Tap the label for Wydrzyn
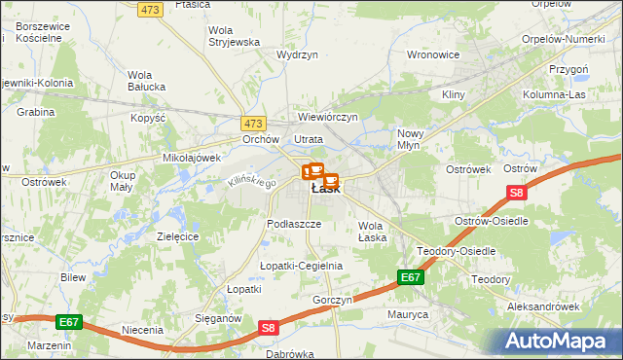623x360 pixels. [x=298, y=56]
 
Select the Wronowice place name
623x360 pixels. [x=432, y=54]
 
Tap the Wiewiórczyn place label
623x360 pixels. [x=328, y=117]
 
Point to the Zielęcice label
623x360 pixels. [x=177, y=236]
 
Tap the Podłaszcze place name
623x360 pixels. [x=294, y=223]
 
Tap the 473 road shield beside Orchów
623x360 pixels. [x=253, y=124]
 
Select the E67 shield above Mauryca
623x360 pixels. [x=411, y=278]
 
